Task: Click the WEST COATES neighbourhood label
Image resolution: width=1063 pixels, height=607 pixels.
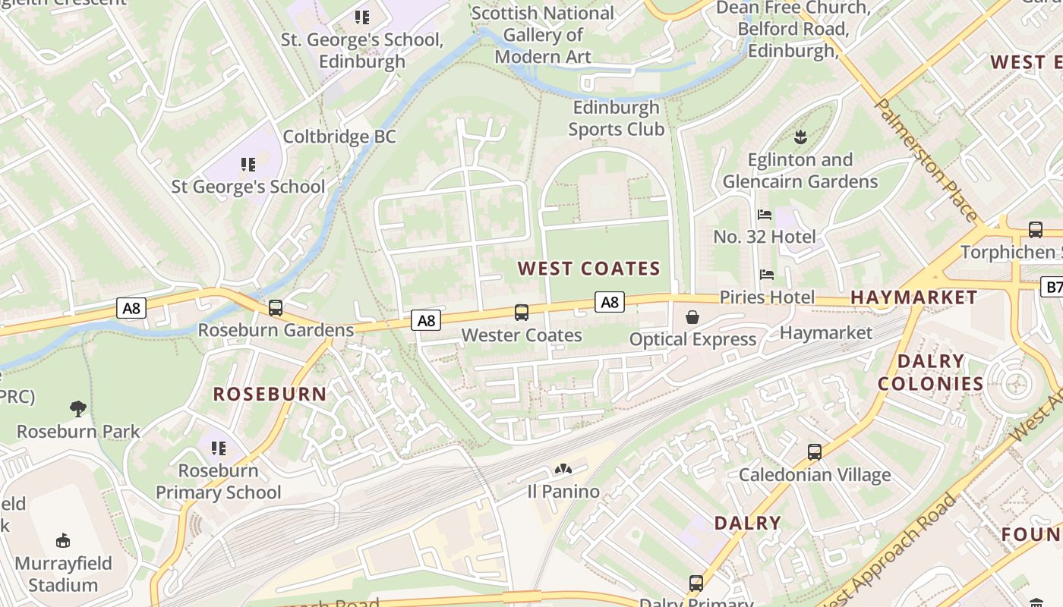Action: click(x=589, y=269)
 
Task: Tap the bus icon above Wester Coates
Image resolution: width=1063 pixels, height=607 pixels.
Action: click(x=522, y=312)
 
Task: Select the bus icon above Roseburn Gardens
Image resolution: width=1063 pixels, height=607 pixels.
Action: click(x=276, y=308)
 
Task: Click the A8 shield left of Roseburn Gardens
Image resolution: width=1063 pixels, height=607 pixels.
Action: click(x=131, y=308)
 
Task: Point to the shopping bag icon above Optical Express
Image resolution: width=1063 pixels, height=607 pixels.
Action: click(x=692, y=317)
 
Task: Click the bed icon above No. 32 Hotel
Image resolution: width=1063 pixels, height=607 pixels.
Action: click(x=765, y=215)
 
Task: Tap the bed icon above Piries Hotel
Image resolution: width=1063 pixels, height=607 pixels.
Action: click(x=767, y=274)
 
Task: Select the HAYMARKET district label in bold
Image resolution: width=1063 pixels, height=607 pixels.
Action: click(x=914, y=297)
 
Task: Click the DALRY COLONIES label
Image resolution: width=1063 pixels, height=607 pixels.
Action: click(x=931, y=373)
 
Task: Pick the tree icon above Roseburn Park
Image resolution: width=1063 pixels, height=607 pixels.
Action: click(x=77, y=410)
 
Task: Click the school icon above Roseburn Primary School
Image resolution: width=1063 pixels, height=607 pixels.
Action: click(x=219, y=448)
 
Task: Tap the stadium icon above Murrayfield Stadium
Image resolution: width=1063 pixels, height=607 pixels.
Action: click(x=63, y=541)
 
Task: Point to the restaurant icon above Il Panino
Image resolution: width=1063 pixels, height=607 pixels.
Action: click(x=563, y=470)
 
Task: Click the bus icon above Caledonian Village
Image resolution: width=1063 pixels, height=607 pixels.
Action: click(x=815, y=452)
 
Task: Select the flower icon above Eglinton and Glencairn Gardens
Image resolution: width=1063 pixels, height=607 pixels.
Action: click(x=800, y=137)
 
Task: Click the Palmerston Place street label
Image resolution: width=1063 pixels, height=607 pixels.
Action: click(x=926, y=159)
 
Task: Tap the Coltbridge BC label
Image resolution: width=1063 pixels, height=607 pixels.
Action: click(x=339, y=137)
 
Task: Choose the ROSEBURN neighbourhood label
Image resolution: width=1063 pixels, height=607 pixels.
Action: click(x=270, y=394)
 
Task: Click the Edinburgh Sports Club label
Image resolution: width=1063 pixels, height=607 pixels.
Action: click(x=616, y=118)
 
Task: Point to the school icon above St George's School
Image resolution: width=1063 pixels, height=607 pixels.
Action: click(x=248, y=164)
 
